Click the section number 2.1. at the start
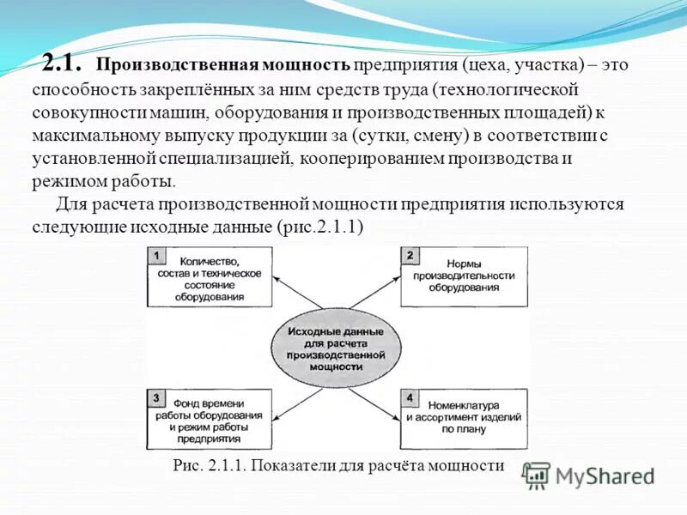[63, 64]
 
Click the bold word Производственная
[163, 65]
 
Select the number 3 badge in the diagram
[156, 397]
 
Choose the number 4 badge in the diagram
[410, 397]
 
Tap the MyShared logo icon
[537, 475]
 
